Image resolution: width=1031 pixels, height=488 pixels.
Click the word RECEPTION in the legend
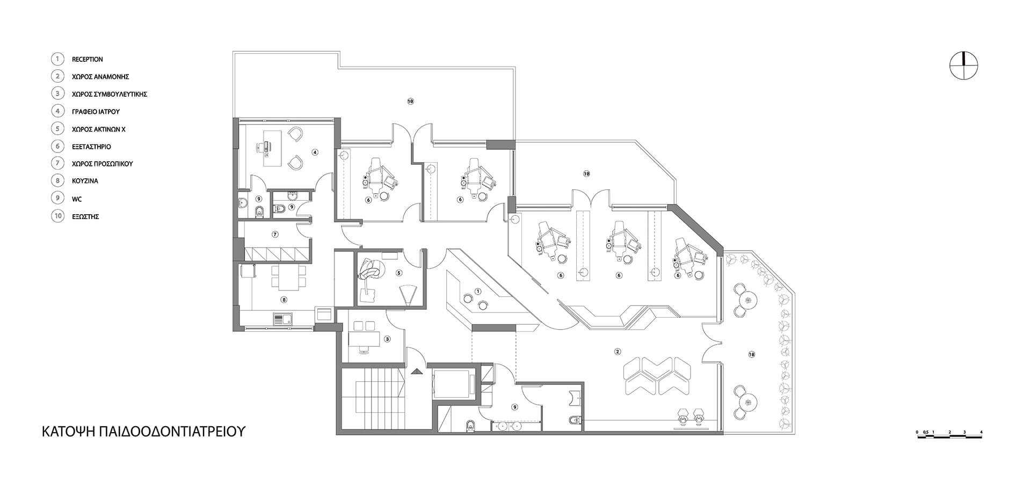pos(87,60)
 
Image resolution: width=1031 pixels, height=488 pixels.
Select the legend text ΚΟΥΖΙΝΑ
pos(85,181)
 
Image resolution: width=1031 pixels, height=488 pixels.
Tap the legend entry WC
pos(77,199)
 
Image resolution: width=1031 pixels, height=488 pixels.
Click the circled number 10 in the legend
pos(57,216)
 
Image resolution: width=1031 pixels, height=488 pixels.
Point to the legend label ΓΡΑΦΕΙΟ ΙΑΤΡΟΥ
pos(96,112)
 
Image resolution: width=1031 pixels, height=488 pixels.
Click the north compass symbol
pos(964,67)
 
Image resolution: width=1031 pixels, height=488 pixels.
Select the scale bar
pos(949,436)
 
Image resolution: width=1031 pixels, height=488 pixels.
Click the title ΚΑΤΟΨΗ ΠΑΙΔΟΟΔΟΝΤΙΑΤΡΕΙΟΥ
pos(144,432)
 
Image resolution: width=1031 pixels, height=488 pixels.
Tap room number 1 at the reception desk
pos(478,291)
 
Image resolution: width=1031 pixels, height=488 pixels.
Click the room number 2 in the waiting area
pos(618,352)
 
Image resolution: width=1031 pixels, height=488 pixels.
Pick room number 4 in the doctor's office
pos(315,152)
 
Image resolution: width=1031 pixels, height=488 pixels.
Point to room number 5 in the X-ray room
pos(398,272)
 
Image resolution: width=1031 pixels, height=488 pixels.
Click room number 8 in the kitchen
pos(284,300)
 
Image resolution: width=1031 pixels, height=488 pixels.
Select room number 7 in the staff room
pos(274,234)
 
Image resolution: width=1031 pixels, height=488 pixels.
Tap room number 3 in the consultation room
pos(387,339)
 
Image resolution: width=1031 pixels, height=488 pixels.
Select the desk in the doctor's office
pos(273,144)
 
